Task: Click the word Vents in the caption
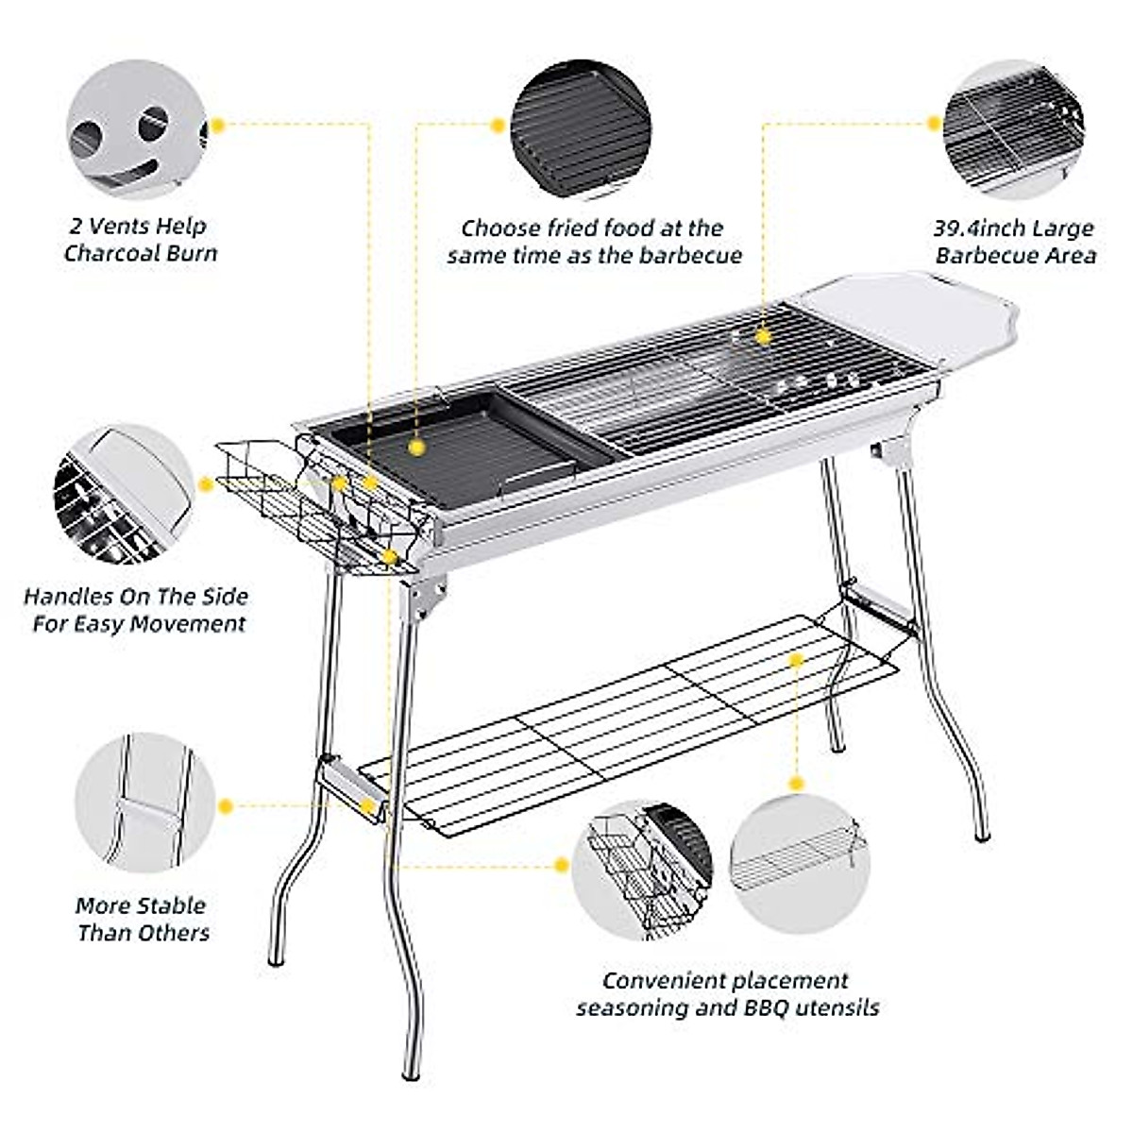[x=123, y=227]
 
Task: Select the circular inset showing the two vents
[x=137, y=129]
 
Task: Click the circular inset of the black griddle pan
[x=581, y=129]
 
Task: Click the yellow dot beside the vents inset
[x=218, y=124]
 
